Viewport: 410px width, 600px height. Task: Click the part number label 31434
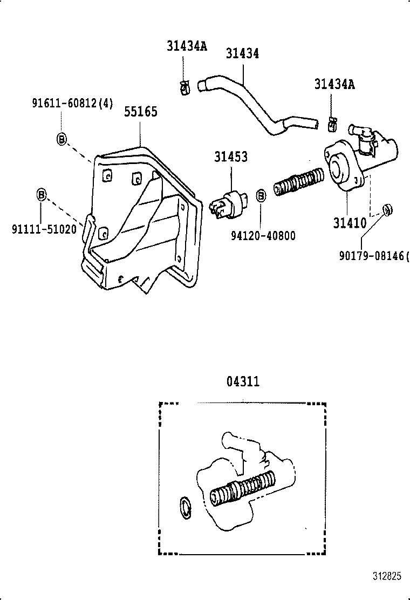(x=242, y=54)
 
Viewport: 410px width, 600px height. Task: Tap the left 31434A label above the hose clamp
(x=186, y=46)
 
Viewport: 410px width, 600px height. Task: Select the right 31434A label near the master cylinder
(x=335, y=84)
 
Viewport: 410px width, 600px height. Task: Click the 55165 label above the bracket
(x=141, y=112)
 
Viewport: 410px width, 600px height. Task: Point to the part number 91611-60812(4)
(x=72, y=104)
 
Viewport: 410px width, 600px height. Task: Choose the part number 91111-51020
(x=44, y=229)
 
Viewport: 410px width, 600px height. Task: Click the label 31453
(x=231, y=157)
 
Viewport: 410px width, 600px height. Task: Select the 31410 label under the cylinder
(x=350, y=223)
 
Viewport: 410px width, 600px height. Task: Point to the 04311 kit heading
(x=243, y=382)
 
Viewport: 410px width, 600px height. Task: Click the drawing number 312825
(x=386, y=576)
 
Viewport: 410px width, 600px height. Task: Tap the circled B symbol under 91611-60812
(x=61, y=139)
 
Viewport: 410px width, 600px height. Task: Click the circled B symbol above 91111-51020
(x=42, y=194)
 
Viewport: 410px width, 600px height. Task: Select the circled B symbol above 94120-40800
(x=260, y=195)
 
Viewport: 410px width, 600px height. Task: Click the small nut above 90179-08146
(x=387, y=209)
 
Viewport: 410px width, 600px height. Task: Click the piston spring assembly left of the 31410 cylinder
(x=298, y=183)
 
